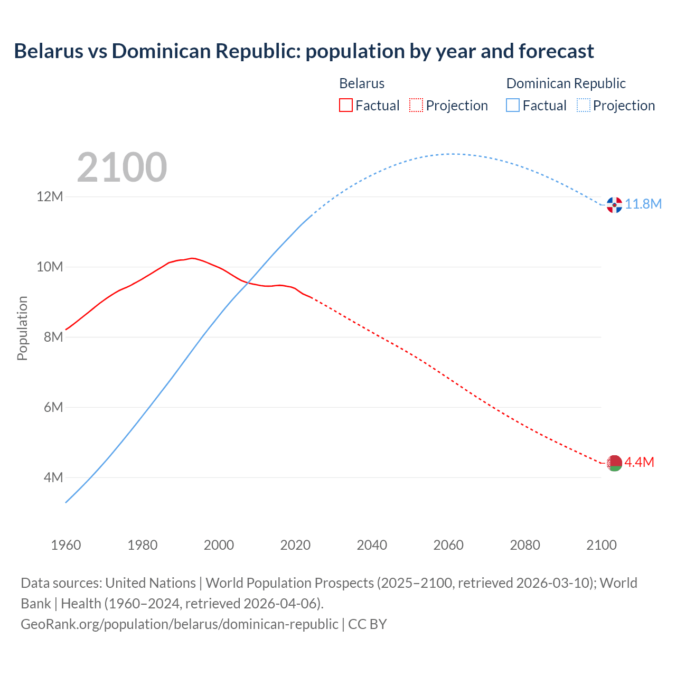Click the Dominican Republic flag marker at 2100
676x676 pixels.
[x=614, y=205]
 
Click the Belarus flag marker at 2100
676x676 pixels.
[x=614, y=463]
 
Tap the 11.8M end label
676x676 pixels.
[x=643, y=204]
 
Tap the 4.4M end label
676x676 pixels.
[x=640, y=462]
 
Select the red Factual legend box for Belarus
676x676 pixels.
[x=345, y=105]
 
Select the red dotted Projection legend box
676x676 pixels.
[x=416, y=105]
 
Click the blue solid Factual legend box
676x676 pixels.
[x=512, y=105]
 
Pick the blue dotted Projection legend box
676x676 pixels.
[x=583, y=105]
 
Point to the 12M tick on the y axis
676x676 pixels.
[x=50, y=196]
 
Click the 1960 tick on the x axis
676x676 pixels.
[x=66, y=545]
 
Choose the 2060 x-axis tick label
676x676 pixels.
[x=448, y=545]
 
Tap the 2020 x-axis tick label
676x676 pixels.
[x=295, y=545]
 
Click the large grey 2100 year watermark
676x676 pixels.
[x=122, y=167]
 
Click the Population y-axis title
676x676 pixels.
[x=22, y=328]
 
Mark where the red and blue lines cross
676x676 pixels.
[x=248, y=283]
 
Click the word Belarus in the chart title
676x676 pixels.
[x=49, y=51]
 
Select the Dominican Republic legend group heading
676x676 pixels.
[x=566, y=83]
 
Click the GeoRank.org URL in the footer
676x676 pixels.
[x=180, y=624]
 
